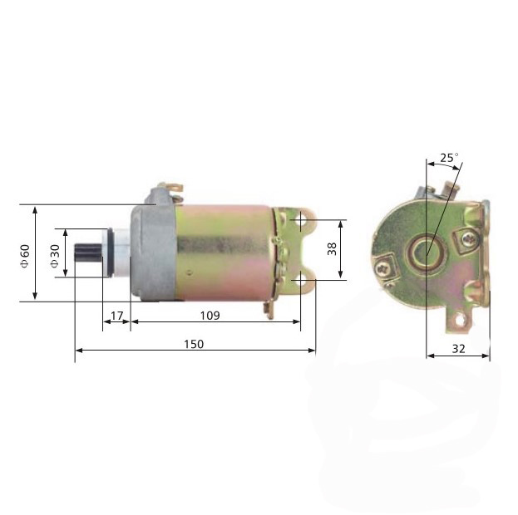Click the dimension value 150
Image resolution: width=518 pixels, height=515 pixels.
(x=194, y=345)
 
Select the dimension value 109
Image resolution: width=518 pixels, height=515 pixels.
(x=210, y=316)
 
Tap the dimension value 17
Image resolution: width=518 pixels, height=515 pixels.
(x=116, y=316)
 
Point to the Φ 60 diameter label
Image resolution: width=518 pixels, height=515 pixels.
(x=25, y=256)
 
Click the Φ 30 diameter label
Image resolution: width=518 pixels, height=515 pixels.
(x=55, y=256)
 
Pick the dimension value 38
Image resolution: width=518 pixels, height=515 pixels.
(x=332, y=248)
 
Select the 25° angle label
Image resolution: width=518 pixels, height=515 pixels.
(x=449, y=158)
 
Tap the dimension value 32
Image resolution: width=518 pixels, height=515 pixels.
(x=458, y=349)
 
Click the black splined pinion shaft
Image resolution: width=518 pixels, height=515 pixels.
(x=88, y=253)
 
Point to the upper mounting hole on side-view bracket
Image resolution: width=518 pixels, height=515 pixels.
(x=301, y=219)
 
